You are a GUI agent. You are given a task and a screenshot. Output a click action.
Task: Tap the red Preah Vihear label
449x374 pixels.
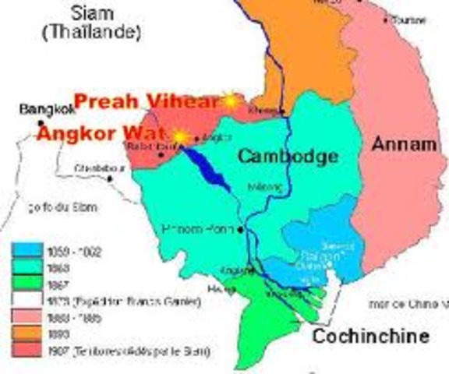[x=147, y=101]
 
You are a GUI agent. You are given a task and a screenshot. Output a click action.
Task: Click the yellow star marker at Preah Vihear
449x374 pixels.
[x=230, y=100]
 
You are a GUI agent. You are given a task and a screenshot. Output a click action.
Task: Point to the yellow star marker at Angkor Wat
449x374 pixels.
[x=180, y=136]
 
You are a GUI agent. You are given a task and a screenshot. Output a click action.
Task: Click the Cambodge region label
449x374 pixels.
[x=288, y=156]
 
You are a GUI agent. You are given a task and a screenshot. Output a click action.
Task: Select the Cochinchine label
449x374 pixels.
[x=371, y=336]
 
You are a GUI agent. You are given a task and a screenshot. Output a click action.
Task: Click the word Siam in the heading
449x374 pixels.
[x=91, y=12]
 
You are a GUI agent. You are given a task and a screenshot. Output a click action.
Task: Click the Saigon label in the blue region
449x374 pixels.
[x=316, y=257]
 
